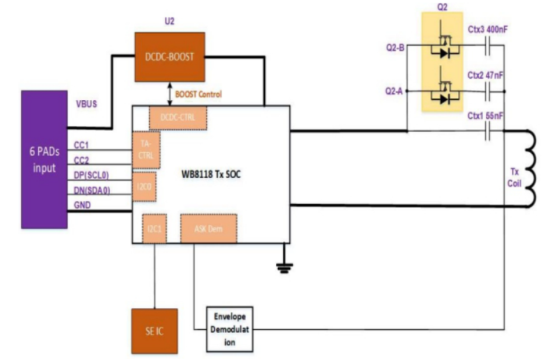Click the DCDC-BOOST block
(x=169, y=57)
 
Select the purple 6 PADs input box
(x=44, y=159)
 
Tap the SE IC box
(x=154, y=331)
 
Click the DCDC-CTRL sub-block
(x=178, y=118)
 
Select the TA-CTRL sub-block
(x=146, y=150)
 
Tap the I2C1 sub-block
(x=154, y=228)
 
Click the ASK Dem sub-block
(x=208, y=228)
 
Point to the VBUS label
(x=87, y=104)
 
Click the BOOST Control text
(x=198, y=94)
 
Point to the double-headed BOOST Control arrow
(x=169, y=94)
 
